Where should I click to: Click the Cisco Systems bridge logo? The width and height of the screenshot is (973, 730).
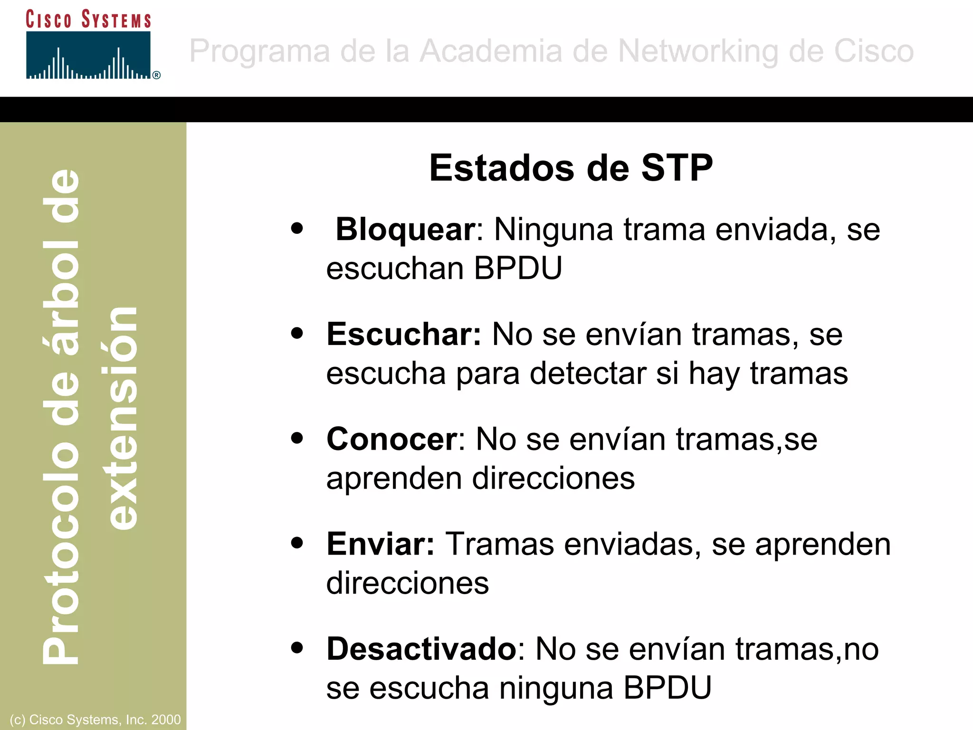point(88,55)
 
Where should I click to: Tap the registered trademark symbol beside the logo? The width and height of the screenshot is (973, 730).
point(156,75)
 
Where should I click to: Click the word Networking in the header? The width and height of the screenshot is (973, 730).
point(698,51)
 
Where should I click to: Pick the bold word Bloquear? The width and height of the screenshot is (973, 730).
point(405,230)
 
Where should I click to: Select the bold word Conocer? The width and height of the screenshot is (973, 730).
point(392,439)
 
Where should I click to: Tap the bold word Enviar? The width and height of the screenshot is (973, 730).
point(380,544)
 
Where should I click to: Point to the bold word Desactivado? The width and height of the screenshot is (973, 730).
point(421,649)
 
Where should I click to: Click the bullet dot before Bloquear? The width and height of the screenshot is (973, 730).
point(297,229)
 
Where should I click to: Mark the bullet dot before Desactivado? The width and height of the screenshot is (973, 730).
point(297,648)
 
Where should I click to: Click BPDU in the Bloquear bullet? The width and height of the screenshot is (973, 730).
point(518,269)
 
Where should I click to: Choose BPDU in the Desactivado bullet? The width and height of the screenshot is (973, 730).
point(667,688)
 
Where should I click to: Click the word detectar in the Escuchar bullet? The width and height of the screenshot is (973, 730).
point(588,374)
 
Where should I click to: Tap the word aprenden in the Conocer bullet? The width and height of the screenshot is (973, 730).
point(394,479)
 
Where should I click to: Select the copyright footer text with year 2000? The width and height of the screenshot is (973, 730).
point(95,720)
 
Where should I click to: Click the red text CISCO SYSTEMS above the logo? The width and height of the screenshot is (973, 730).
point(88,19)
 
